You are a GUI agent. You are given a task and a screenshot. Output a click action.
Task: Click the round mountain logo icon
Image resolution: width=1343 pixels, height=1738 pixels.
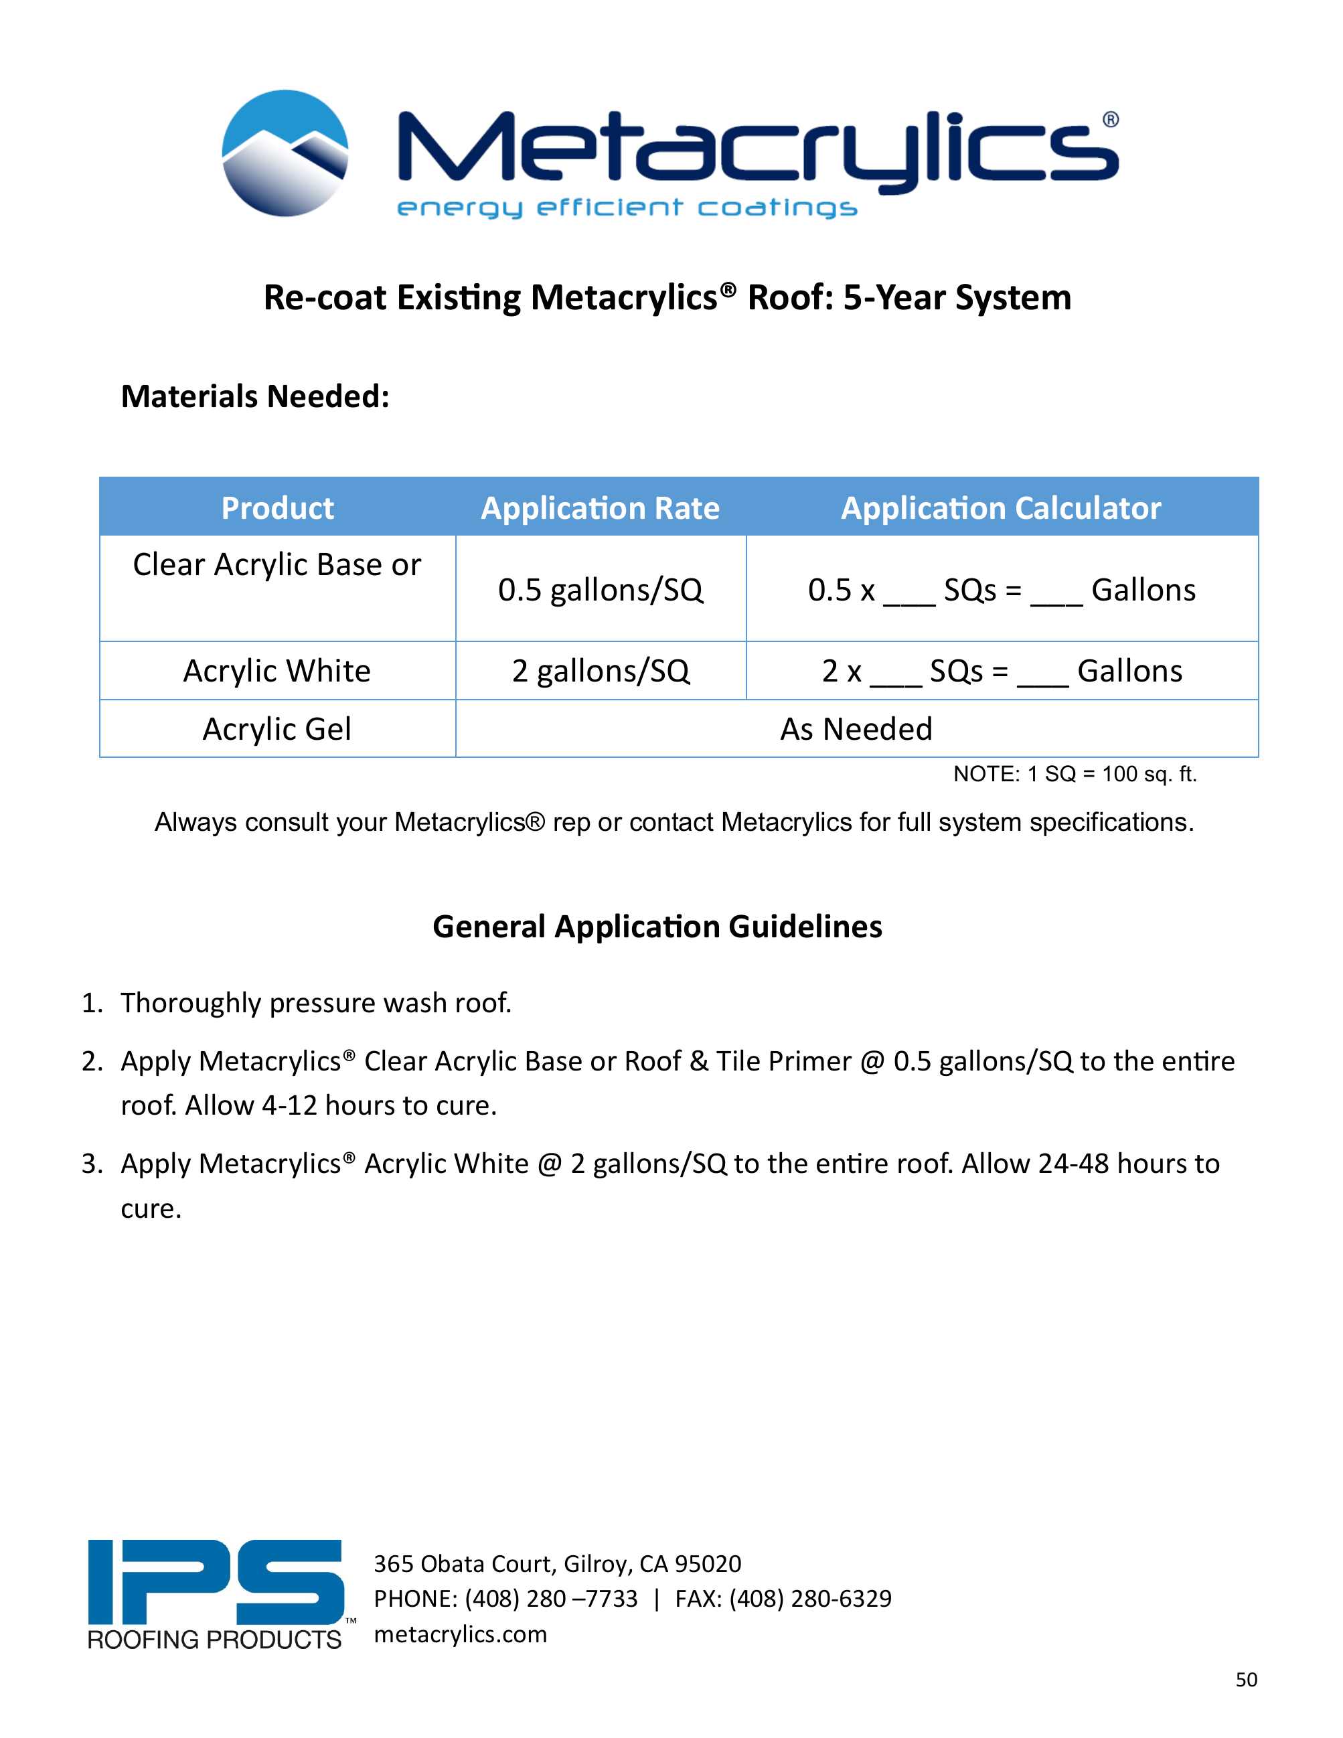click(x=285, y=153)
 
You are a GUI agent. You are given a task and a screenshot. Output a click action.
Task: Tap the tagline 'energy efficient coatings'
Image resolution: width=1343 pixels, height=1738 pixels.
click(x=626, y=208)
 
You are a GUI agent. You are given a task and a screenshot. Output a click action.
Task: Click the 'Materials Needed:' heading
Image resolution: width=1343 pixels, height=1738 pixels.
click(x=254, y=396)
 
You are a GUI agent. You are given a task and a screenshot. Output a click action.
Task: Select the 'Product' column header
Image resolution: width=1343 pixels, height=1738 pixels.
click(x=277, y=507)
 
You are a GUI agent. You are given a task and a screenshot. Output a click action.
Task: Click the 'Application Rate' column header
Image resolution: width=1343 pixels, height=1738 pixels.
click(x=600, y=507)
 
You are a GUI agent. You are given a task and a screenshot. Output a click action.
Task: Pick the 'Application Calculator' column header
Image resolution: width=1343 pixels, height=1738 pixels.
click(x=1001, y=507)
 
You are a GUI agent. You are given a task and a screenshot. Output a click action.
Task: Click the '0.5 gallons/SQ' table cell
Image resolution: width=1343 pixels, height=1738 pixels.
click(x=600, y=590)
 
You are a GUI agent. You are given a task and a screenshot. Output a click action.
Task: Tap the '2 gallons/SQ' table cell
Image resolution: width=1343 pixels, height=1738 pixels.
click(x=600, y=671)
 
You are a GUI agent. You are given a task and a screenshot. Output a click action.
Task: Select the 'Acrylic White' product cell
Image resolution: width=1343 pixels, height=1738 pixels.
click(x=277, y=671)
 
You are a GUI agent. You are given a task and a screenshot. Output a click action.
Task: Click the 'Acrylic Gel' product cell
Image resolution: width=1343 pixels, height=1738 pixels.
click(x=277, y=729)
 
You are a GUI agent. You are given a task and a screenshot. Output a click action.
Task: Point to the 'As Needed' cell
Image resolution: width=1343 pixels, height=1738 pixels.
click(x=856, y=729)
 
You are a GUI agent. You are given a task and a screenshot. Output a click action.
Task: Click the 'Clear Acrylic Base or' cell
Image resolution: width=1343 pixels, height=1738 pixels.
click(x=277, y=565)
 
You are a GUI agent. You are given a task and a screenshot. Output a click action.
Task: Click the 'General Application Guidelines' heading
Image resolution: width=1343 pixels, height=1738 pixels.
click(x=657, y=927)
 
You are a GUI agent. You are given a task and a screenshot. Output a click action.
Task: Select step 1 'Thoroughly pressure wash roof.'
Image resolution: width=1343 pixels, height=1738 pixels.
click(x=316, y=1003)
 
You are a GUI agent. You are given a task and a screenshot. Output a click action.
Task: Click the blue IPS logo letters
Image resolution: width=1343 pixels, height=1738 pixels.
click(x=215, y=1582)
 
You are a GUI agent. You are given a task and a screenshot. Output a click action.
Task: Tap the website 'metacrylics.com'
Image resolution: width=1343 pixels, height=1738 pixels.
click(x=461, y=1634)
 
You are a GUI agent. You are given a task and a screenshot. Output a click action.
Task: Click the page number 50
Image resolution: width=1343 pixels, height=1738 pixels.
click(x=1246, y=1679)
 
